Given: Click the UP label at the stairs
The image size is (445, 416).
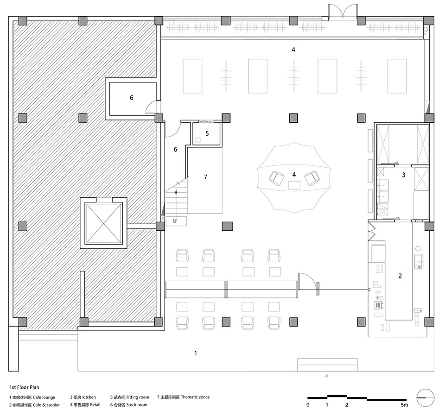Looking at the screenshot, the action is coord(175,221).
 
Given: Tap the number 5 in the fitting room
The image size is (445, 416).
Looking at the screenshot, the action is coord(207,133).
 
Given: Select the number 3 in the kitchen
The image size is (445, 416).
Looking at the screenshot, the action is coord(404,175).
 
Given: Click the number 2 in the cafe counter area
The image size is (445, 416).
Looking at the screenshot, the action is coord(400,276).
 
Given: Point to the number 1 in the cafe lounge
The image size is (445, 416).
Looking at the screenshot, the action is coord(196,353).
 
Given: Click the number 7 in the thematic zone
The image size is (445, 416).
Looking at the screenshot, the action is coord(205,177).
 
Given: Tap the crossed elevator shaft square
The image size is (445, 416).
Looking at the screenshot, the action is coord(103,223).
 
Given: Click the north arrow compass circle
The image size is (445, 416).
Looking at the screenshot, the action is coord(426,397).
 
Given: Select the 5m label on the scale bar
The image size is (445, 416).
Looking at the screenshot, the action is coord(404,405).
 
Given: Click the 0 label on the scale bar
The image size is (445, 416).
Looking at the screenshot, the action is coord(308,405).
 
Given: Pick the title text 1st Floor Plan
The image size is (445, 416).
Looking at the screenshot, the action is coord(25,387).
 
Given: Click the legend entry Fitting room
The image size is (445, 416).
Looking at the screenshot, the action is coord(138,397).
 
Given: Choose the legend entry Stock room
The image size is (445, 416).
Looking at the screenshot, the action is coord(137,405).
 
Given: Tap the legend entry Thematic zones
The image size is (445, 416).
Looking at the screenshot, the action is coord(195,397).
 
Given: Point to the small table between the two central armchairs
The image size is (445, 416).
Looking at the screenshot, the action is coord(294,185).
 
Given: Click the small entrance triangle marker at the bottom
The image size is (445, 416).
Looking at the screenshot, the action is coord(327,376).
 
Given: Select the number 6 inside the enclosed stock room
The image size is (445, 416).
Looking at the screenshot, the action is coord(131,98).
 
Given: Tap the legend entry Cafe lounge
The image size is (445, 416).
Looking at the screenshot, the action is coord(44,397).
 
